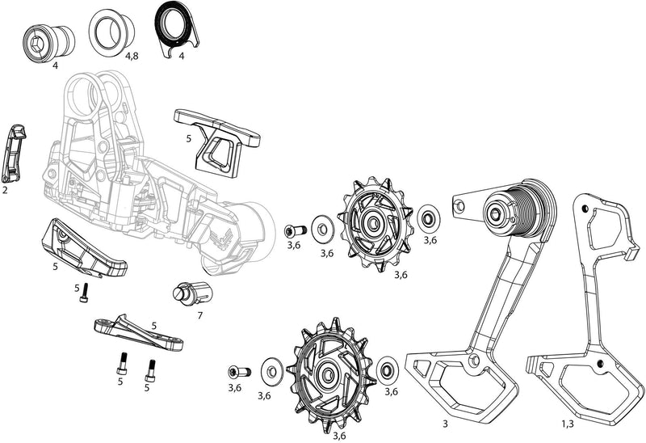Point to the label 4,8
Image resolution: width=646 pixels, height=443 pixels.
(x=132, y=57)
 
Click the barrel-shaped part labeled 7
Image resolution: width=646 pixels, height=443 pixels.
(x=188, y=293)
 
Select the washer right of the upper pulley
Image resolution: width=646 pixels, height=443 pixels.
(x=428, y=217)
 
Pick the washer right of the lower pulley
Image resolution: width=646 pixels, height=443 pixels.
(x=387, y=371)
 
